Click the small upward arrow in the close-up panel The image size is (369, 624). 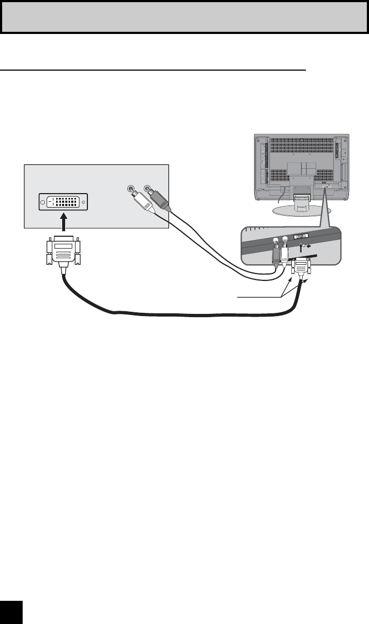tap(300, 248)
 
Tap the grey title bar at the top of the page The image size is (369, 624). tap(184, 17)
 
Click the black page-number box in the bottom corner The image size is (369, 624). tap(11, 612)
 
